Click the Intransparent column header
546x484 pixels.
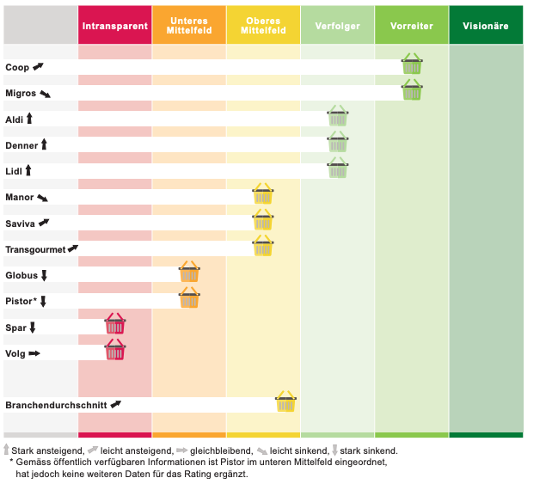pos(114,26)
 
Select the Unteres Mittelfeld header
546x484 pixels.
pos(189,26)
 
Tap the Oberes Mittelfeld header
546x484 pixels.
pos(263,26)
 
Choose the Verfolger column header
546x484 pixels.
pos(338,26)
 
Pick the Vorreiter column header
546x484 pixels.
pos(412,26)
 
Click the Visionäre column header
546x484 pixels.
pos(486,26)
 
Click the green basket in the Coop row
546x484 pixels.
pos(412,64)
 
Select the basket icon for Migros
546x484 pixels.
pos(412,90)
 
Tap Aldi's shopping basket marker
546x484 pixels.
pos(338,116)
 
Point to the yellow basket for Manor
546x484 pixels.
pos(263,194)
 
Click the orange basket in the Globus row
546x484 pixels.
pos(189,273)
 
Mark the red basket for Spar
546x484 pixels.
pos(114,324)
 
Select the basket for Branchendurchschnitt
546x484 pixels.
pos(285,401)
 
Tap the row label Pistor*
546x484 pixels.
pos(21,302)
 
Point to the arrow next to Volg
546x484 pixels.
pos(34,353)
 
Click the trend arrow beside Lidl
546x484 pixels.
pos(28,172)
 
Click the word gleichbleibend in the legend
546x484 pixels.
pos(216,450)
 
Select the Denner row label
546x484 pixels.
pos(22,146)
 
